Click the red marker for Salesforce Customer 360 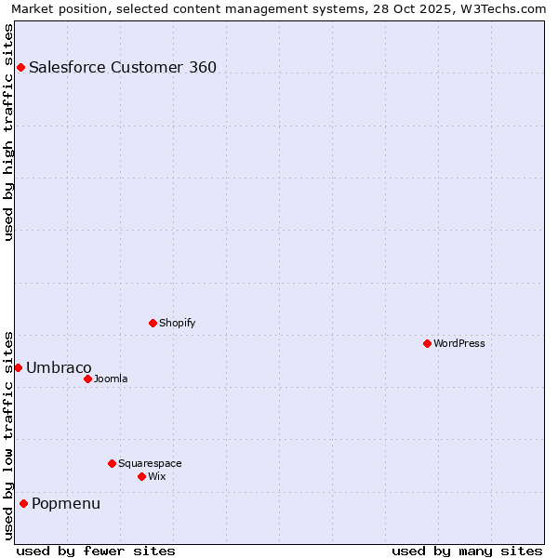20,67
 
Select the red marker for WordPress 427,343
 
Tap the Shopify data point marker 153,323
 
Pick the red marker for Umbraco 18,367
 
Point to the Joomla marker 87,379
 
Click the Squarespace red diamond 112,463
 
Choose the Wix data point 141,476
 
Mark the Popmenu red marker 23,503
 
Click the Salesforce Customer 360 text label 123,67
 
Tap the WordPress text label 459,343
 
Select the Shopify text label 177,323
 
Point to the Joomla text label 111,379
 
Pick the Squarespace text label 150,463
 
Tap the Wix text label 156,476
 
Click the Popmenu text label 66,503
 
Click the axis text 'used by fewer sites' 96,551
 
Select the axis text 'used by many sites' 467,551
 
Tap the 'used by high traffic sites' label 8,132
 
